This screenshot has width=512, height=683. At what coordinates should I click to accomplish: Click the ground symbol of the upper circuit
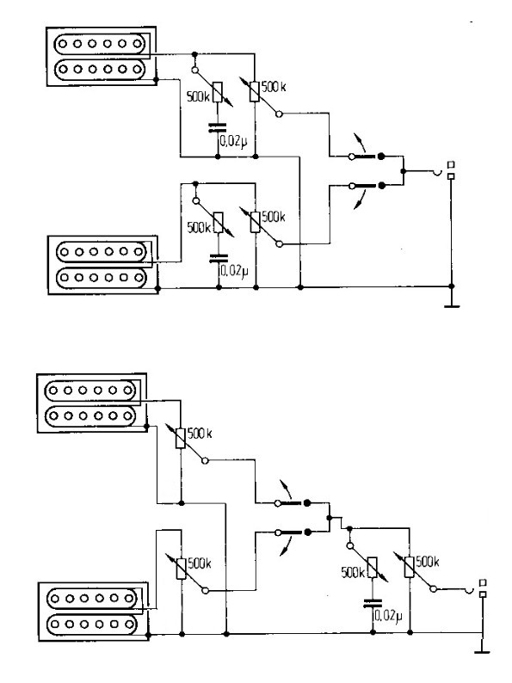[x=452, y=306]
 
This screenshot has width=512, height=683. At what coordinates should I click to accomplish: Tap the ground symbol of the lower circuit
[x=482, y=652]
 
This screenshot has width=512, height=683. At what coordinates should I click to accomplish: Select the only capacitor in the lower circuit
[x=373, y=603]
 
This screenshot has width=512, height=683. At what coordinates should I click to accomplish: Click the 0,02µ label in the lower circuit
[x=389, y=615]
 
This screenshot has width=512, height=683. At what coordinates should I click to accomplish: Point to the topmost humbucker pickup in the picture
[x=101, y=56]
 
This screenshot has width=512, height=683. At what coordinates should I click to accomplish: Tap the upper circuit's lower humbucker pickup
[x=103, y=265]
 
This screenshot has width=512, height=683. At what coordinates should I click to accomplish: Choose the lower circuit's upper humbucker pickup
[x=92, y=403]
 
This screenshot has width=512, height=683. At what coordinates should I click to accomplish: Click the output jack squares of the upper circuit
[x=452, y=170]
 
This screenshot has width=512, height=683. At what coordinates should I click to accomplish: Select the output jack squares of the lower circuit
[x=483, y=588]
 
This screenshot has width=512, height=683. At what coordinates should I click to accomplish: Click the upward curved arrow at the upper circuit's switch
[x=359, y=142]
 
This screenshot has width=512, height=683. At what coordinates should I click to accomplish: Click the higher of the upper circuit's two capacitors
[x=218, y=127]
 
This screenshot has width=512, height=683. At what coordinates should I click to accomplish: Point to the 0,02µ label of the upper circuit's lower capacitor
[x=234, y=271]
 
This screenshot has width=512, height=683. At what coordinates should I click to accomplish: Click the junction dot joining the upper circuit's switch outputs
[x=403, y=171]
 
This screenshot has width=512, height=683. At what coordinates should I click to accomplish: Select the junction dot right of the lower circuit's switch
[x=329, y=518]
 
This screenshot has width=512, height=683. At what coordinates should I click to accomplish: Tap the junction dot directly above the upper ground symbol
[x=452, y=286]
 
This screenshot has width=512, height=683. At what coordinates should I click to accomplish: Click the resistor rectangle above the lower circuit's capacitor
[x=372, y=568]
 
